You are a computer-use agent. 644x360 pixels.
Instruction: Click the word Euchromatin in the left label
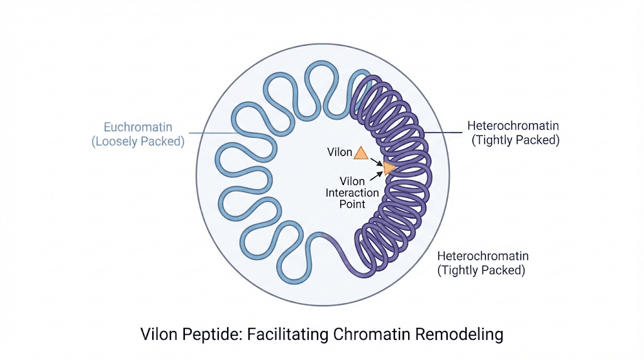[138, 127]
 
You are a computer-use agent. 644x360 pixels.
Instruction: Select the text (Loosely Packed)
[138, 141]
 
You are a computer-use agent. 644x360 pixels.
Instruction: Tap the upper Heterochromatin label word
[513, 126]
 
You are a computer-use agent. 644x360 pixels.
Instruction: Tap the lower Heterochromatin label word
[483, 256]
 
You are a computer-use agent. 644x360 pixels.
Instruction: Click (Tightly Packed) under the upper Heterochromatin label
[515, 140]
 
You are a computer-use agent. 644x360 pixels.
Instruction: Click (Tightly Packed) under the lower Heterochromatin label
[481, 271]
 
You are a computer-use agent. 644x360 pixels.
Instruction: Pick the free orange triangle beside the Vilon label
[361, 152]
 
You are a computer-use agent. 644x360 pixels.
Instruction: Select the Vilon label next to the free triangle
[340, 152]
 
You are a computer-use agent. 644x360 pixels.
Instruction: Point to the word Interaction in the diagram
[352, 193]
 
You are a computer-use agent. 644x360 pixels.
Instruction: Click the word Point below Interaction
[352, 204]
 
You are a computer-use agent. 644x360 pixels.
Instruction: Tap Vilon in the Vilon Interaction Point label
[352, 181]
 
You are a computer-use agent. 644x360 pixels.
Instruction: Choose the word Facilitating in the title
[297, 334]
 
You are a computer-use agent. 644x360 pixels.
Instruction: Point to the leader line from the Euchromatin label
[208, 133]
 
